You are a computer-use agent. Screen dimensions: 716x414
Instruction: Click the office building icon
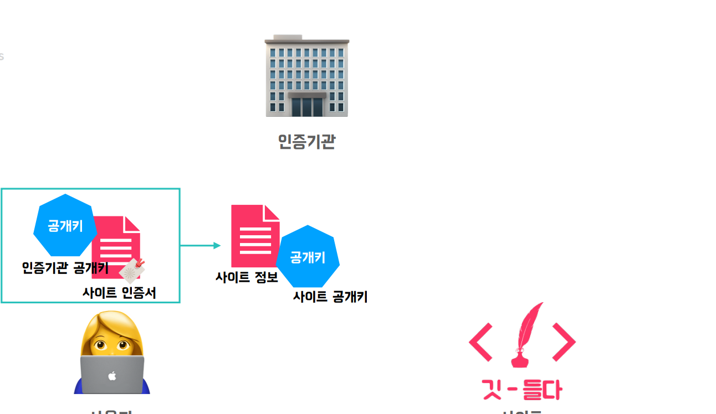(x=306, y=76)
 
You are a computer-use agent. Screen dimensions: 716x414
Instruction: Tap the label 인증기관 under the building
(x=306, y=142)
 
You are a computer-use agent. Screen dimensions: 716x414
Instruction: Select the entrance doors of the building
(x=306, y=106)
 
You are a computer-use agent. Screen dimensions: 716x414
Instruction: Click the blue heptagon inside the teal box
(x=65, y=225)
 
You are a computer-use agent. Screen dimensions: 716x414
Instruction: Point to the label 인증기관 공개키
(x=65, y=268)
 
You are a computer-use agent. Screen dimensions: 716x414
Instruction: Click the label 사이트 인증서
(x=119, y=293)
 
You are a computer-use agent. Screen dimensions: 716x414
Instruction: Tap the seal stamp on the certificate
(x=133, y=271)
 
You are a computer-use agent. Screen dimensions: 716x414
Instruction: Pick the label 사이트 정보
(x=247, y=277)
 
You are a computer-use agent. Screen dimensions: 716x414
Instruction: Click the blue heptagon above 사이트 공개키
(x=308, y=257)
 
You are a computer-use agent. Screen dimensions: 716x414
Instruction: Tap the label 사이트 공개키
(x=330, y=297)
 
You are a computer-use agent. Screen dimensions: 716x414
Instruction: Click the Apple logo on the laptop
(x=112, y=376)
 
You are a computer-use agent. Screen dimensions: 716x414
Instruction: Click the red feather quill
(x=528, y=327)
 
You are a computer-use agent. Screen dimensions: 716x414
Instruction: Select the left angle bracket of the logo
(x=480, y=341)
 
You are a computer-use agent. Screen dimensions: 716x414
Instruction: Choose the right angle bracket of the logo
(x=564, y=341)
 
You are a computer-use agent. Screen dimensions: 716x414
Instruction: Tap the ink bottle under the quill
(x=520, y=359)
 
